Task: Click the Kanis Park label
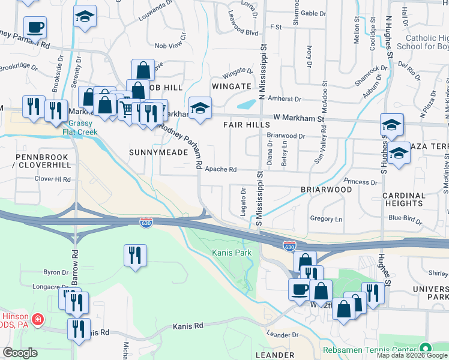232,253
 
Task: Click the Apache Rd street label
221,169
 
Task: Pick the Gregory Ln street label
327,219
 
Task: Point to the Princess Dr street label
360,181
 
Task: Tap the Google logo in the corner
20,352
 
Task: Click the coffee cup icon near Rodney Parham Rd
35,27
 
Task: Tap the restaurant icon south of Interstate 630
135,255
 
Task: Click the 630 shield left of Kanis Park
146,223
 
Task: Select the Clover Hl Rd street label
53,179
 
